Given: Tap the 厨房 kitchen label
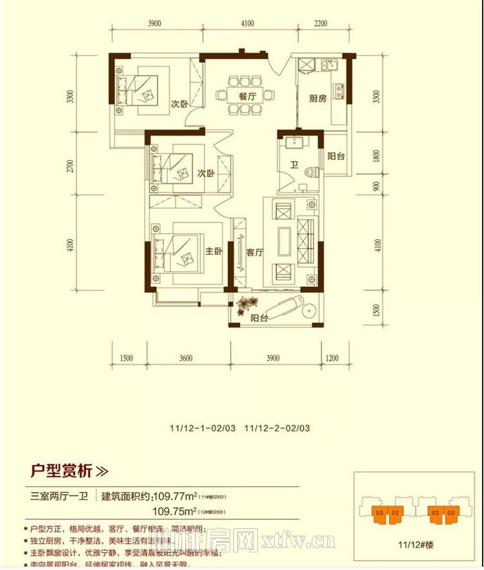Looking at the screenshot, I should click(x=318, y=98).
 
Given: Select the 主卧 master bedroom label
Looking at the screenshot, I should click(x=213, y=252).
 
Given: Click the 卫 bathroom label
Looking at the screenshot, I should click(x=294, y=164).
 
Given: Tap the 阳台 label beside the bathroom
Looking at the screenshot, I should click(x=336, y=156).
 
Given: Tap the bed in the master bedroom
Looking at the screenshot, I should click(x=176, y=253).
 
